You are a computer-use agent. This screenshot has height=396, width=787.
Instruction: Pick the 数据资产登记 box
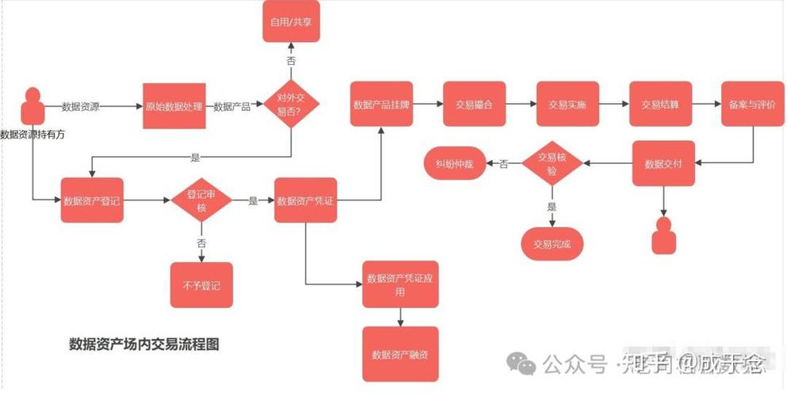click(x=92, y=201)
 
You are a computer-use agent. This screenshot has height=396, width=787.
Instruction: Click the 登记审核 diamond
click(x=201, y=201)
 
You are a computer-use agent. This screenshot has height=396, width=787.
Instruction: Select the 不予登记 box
click(x=201, y=284)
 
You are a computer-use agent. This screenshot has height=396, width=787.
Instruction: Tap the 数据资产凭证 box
click(x=306, y=201)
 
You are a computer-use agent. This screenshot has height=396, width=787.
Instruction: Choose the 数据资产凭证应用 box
click(x=400, y=284)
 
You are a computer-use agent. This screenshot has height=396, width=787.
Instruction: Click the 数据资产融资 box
click(x=400, y=353)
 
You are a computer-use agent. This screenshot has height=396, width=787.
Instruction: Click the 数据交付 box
click(x=663, y=164)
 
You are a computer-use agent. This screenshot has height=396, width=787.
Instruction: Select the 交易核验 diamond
click(x=553, y=164)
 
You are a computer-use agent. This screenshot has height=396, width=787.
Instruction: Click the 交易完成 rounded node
click(x=552, y=243)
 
